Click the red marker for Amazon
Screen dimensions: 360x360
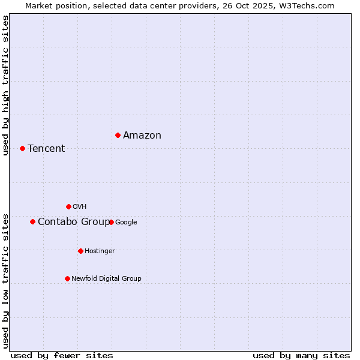click(x=118, y=135)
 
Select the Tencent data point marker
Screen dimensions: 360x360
click(x=22, y=148)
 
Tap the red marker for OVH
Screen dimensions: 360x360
click(x=68, y=206)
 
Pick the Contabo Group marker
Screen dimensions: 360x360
click(x=32, y=221)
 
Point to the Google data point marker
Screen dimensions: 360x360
click(x=111, y=222)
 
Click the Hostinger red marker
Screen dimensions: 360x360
click(x=80, y=251)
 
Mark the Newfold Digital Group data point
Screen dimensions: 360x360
click(x=67, y=278)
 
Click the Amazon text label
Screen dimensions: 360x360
click(x=142, y=136)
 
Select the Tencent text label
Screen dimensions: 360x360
click(x=46, y=149)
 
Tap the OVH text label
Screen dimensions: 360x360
click(x=80, y=207)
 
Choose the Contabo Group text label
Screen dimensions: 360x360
click(x=73, y=222)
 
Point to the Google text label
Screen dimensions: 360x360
click(x=126, y=223)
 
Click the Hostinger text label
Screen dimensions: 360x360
click(x=100, y=251)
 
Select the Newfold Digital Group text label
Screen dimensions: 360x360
click(x=106, y=279)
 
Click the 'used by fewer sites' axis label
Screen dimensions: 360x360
click(x=62, y=355)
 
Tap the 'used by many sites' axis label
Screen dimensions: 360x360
click(x=301, y=355)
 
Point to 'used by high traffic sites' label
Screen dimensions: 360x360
click(x=6, y=85)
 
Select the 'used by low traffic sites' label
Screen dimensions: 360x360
click(x=6, y=280)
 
